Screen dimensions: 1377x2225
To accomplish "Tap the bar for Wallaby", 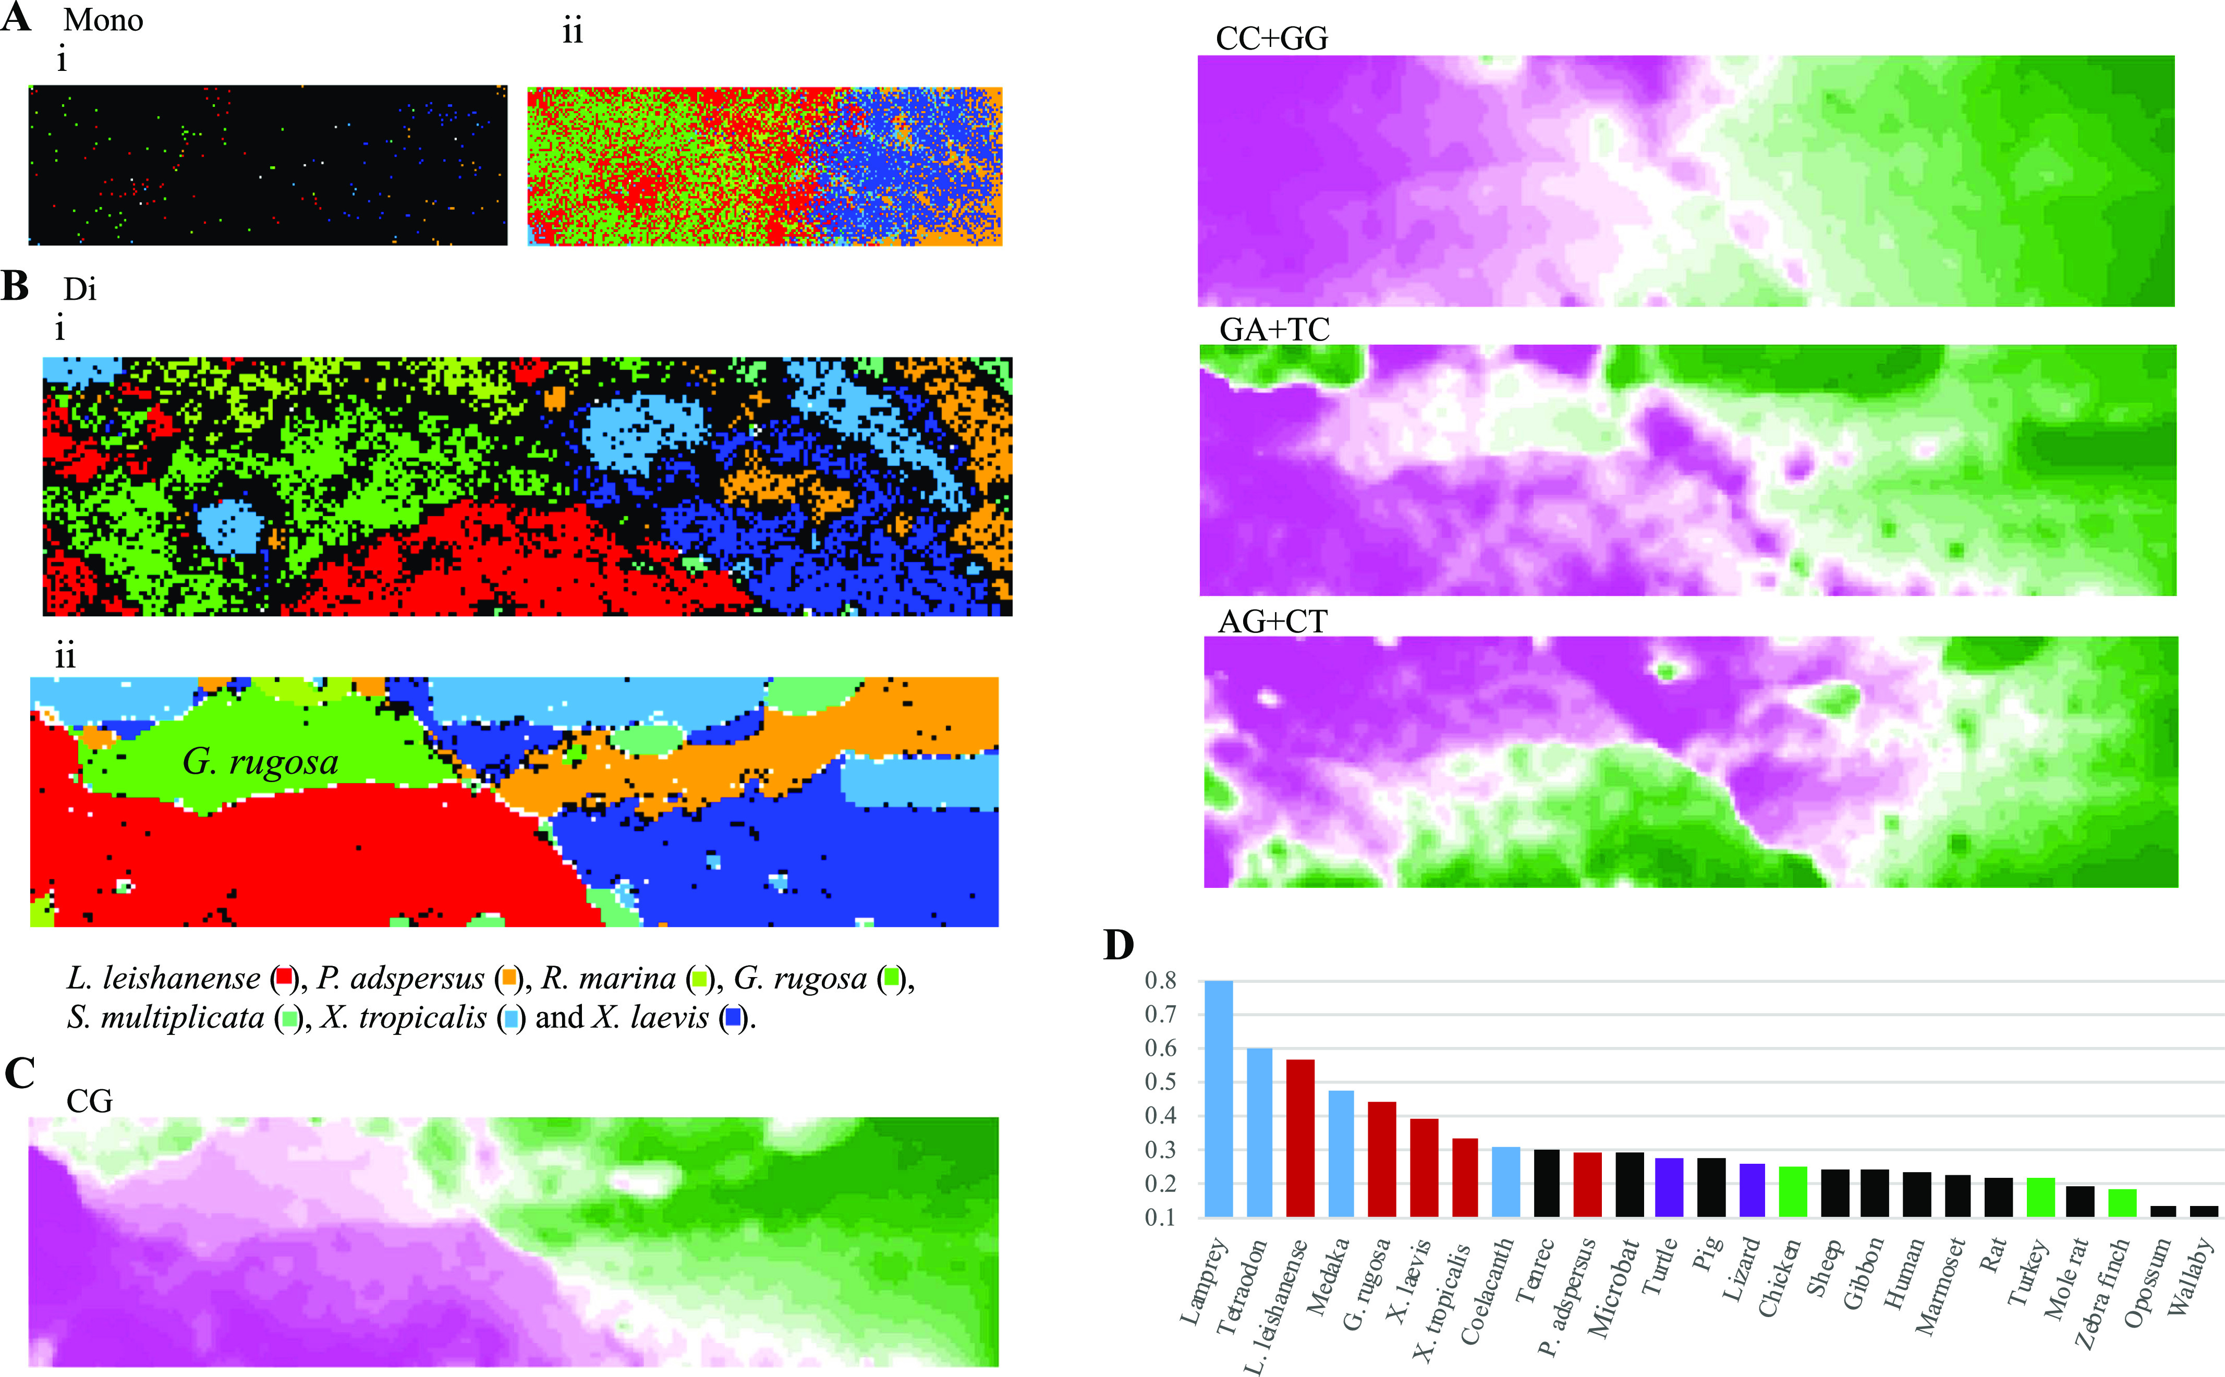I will (x=2204, y=1211).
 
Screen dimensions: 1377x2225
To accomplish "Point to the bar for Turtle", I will (x=1670, y=1188).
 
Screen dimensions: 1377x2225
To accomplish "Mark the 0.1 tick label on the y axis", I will (x=1160, y=1217).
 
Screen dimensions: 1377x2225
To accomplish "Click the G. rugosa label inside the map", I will (x=261, y=761).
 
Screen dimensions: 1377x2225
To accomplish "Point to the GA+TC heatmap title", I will (x=1274, y=329).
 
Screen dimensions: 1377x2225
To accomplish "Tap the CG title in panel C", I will (x=89, y=1101).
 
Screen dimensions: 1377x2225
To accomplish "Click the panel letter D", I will (x=1118, y=945).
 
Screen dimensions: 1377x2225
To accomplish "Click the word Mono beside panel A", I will (x=103, y=20).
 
